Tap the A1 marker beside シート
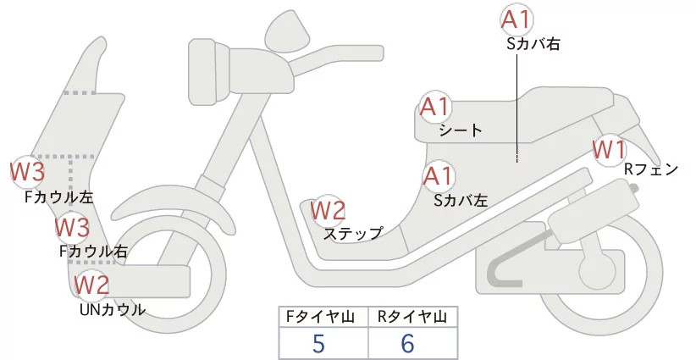tap(437, 108)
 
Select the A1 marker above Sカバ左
tap(439, 177)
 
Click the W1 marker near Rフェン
tap(609, 150)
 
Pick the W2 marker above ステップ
tap(328, 210)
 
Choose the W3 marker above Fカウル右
tap(72, 227)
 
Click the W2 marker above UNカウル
tap(91, 286)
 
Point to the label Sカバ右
tap(533, 43)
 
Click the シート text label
tap(461, 130)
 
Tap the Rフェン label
tap(651, 169)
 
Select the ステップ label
tap(353, 233)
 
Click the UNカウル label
tap(112, 309)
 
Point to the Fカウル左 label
tap(58, 197)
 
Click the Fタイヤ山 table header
tap(323, 317)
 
